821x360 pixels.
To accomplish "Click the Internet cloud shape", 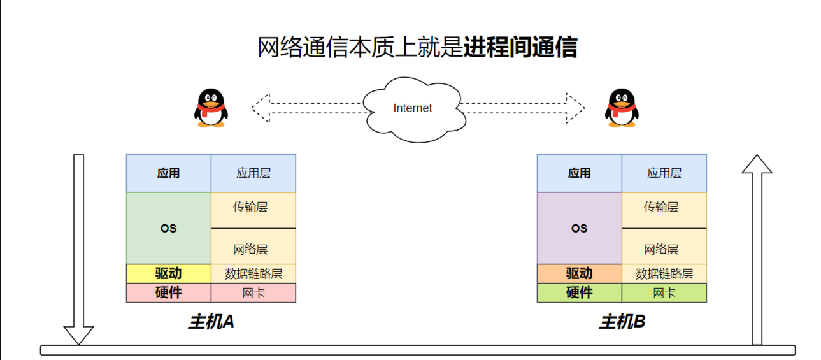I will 412,108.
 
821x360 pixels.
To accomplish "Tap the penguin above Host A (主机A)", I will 211,108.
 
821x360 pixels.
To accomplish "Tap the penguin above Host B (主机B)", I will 621,108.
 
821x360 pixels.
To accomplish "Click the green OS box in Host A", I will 169,228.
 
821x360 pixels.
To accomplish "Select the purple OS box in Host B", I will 580,228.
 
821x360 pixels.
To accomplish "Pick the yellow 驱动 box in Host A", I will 169,273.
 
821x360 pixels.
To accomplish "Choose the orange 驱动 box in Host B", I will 580,273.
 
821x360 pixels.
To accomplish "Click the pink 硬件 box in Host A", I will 169,292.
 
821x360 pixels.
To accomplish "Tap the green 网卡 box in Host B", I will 664,292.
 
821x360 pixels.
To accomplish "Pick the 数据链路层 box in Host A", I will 253,273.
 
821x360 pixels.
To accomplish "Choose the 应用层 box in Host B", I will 664,173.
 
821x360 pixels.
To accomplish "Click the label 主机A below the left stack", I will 211,322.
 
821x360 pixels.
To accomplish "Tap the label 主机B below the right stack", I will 622,322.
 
